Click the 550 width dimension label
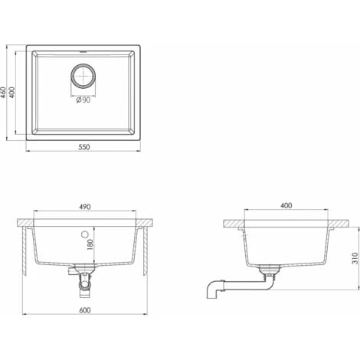click(84, 147)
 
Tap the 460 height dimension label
click(3, 93)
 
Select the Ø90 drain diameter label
click(83, 100)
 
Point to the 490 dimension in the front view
click(85, 207)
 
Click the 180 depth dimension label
click(90, 244)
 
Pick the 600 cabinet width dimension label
click(85, 310)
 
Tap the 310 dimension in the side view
click(355, 258)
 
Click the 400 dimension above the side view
click(286, 205)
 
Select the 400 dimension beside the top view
click(12, 93)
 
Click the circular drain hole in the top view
click(83, 76)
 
